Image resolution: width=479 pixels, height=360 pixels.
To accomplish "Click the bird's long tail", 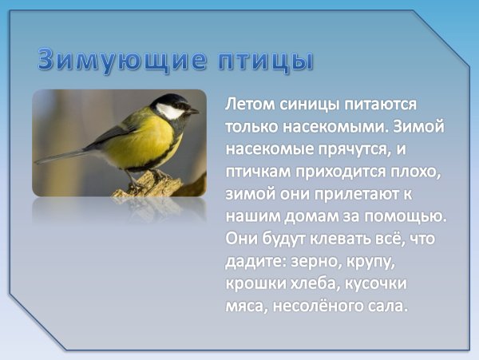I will [x=64, y=155].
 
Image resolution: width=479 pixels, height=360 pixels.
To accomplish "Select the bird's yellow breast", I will [x=144, y=142].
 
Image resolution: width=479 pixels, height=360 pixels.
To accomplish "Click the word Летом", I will [x=250, y=105].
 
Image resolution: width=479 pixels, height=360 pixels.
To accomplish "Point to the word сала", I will [x=385, y=306].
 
